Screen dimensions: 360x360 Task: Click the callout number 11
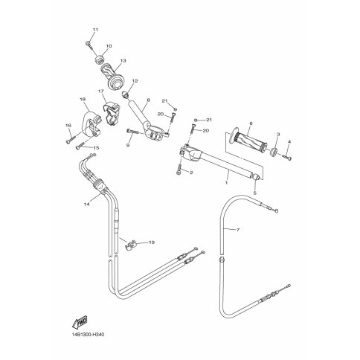pyautogui.click(x=95, y=30)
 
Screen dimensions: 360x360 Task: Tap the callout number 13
pyautogui.click(x=123, y=60)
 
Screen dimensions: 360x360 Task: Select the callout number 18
pyautogui.click(x=83, y=99)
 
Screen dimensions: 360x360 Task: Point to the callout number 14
pyautogui.click(x=86, y=205)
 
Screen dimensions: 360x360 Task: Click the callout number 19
pyautogui.click(x=152, y=242)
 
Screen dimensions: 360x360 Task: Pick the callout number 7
pyautogui.click(x=238, y=230)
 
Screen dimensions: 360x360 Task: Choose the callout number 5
pyautogui.click(x=255, y=193)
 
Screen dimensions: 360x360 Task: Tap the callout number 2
pyautogui.click(x=191, y=173)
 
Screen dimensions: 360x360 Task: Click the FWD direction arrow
pyautogui.click(x=80, y=322)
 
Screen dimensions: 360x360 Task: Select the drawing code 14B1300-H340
pyautogui.click(x=85, y=335)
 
